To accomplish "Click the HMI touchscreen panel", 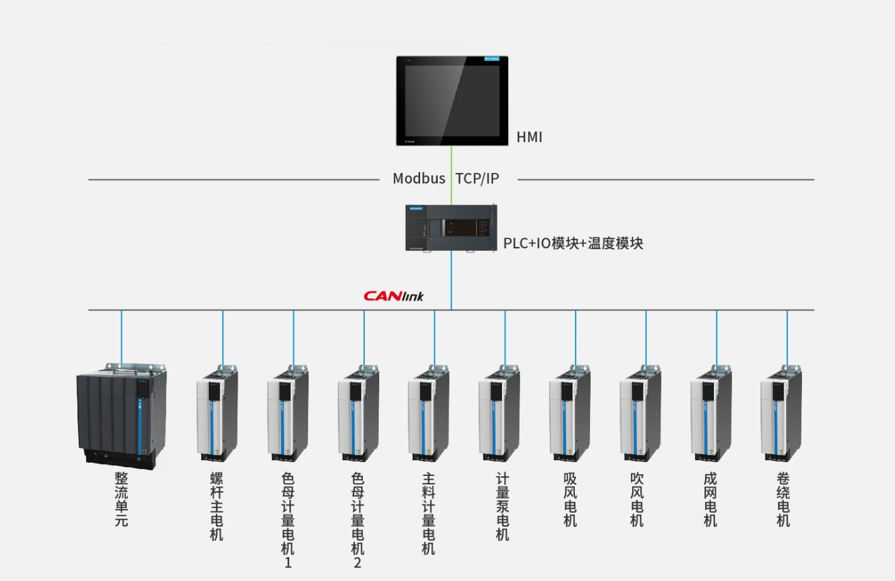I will pyautogui.click(x=452, y=101).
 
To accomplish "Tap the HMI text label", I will pyautogui.click(x=529, y=137).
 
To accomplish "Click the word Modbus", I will pyautogui.click(x=419, y=179).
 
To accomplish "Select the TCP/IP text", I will pyautogui.click(x=477, y=179).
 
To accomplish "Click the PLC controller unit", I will pyautogui.click(x=451, y=228).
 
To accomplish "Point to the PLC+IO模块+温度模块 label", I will pyautogui.click(x=573, y=243).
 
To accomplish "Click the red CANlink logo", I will pyautogui.click(x=394, y=296).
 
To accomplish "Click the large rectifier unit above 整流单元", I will pyautogui.click(x=121, y=415).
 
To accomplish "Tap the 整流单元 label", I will pyautogui.click(x=121, y=499).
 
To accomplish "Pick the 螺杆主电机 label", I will pyautogui.click(x=217, y=506).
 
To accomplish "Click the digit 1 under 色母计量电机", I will pyautogui.click(x=288, y=563).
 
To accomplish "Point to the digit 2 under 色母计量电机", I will pyautogui.click(x=358, y=563).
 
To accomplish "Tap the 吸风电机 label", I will pyautogui.click(x=570, y=499).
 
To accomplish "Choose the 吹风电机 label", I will pyautogui.click(x=637, y=499).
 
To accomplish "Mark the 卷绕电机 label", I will pyautogui.click(x=783, y=499).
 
